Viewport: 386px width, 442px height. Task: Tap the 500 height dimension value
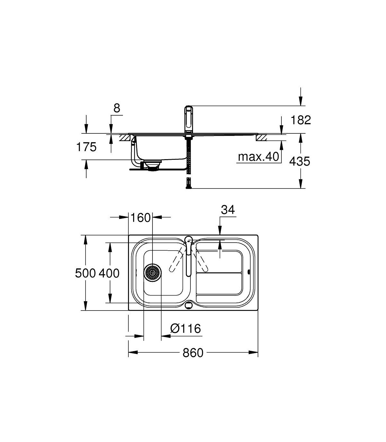[85, 273]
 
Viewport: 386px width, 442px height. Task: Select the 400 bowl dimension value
[109, 273]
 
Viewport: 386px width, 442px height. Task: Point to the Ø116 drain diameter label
[186, 329]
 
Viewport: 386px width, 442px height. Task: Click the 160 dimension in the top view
[140, 217]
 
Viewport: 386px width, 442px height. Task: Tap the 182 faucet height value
[301, 120]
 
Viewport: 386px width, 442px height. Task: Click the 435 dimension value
[299, 161]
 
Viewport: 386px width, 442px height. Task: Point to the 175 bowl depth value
[86, 147]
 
